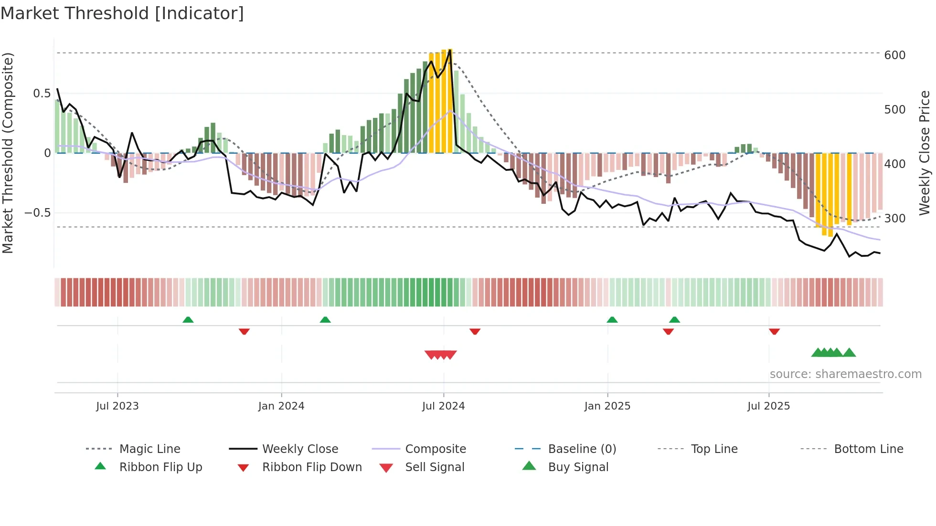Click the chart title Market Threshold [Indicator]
(122, 13)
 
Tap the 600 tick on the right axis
(894, 55)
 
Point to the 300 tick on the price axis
(894, 219)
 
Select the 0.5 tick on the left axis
(42, 94)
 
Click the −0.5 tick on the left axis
(38, 213)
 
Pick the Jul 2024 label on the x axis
(443, 406)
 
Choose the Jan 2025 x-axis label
(607, 406)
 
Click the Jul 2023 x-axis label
(117, 406)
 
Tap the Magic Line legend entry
(149, 449)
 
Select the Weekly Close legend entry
(300, 449)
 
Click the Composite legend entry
(436, 449)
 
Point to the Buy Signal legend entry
(578, 467)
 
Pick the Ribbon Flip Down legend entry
(312, 467)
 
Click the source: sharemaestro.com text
(845, 374)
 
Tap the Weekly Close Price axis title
(925, 153)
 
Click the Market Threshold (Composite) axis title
(8, 153)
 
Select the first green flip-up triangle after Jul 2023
(188, 320)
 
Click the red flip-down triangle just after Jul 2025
(774, 331)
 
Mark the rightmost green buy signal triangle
(849, 353)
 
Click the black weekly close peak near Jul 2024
(450, 50)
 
